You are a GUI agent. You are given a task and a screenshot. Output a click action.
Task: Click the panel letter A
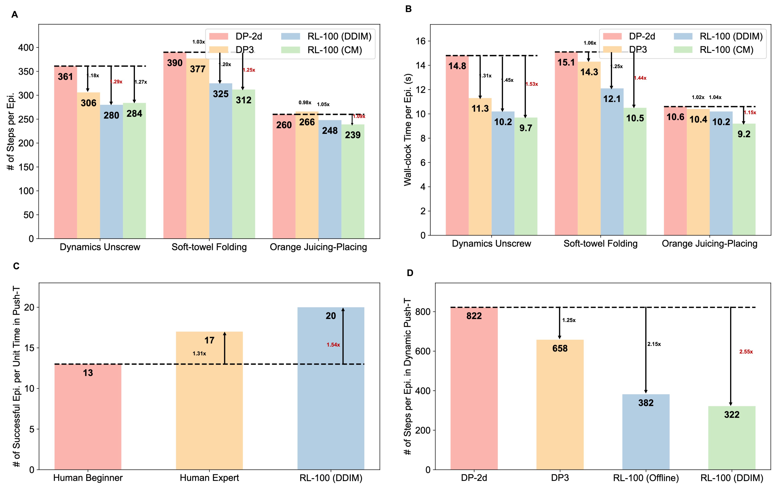[x=15, y=15]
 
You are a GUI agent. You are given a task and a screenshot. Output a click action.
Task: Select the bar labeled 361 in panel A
[x=66, y=152]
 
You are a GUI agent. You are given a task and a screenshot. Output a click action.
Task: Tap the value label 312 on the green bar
[x=244, y=100]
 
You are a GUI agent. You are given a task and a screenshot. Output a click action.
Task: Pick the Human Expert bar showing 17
[x=209, y=401]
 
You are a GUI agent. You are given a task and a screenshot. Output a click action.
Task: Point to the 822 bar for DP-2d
[x=474, y=388]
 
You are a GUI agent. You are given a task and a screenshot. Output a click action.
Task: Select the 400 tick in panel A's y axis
[x=26, y=48]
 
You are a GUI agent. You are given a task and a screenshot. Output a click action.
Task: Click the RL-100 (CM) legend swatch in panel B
[x=683, y=50]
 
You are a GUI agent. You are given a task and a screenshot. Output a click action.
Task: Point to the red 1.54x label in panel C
[x=333, y=345]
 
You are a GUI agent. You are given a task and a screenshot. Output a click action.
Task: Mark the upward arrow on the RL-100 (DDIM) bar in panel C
[x=343, y=336]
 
